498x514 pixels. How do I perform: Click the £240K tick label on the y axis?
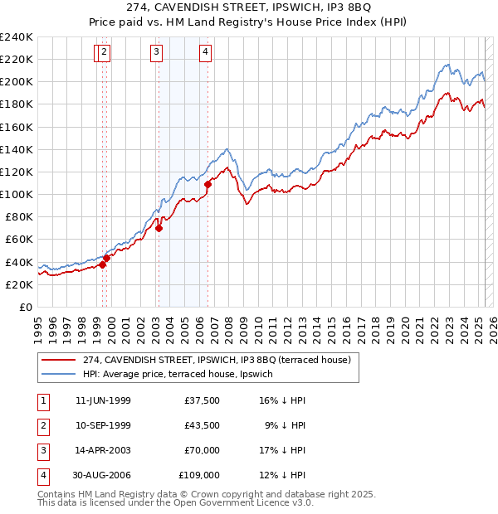click(16, 37)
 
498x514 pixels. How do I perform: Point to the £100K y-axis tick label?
click(16, 194)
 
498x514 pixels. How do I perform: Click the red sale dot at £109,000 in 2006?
click(208, 184)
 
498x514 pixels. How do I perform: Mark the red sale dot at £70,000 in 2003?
click(159, 229)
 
